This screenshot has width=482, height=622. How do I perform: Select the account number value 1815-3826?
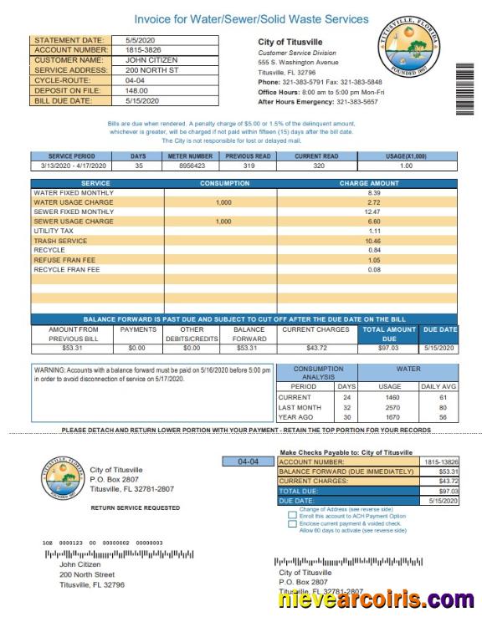click(x=144, y=50)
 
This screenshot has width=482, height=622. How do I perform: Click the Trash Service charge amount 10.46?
click(x=373, y=241)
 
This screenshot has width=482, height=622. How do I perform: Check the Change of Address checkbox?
click(x=291, y=509)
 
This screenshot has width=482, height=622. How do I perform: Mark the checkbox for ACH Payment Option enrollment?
click(x=291, y=517)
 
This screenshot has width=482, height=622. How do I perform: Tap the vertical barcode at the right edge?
click(x=464, y=88)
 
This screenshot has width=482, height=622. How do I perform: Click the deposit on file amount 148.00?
click(x=136, y=90)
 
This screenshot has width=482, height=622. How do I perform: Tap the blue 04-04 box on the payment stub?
click(x=249, y=461)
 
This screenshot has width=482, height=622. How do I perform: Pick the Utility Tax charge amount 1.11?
click(x=373, y=231)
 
